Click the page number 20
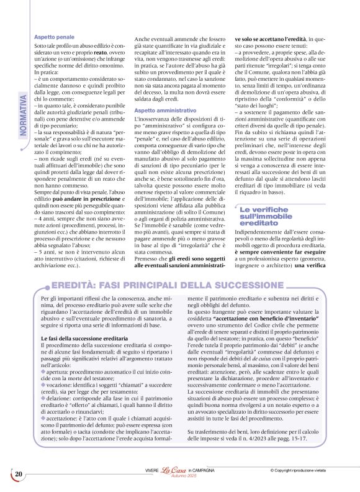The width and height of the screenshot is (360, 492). [19, 475]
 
